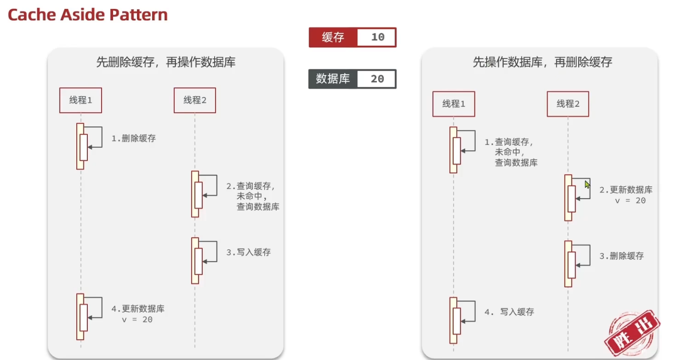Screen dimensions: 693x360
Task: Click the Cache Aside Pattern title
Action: pos(88,15)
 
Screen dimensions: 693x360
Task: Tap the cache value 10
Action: pos(377,37)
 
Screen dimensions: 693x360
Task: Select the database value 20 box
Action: pos(377,79)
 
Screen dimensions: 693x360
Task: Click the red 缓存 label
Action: pos(333,37)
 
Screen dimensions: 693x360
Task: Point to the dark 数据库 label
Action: pos(333,79)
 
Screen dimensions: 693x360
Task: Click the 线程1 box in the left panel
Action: pos(81,100)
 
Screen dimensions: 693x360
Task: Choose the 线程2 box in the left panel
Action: pos(195,100)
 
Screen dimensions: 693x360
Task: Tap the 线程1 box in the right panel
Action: pos(454,104)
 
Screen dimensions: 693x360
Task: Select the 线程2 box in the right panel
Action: pos(568,104)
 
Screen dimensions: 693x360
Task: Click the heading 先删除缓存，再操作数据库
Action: pos(166,62)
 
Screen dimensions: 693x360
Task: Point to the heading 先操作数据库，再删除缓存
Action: pos(542,62)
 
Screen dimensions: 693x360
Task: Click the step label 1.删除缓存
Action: pos(133,138)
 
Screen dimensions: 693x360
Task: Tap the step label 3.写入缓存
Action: pos(248,252)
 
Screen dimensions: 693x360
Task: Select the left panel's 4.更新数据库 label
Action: pos(138,309)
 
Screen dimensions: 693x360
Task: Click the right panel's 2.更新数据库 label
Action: pos(626,190)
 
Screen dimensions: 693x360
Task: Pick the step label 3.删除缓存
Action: pos(622,256)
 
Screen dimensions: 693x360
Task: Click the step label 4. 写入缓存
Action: pos(509,312)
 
